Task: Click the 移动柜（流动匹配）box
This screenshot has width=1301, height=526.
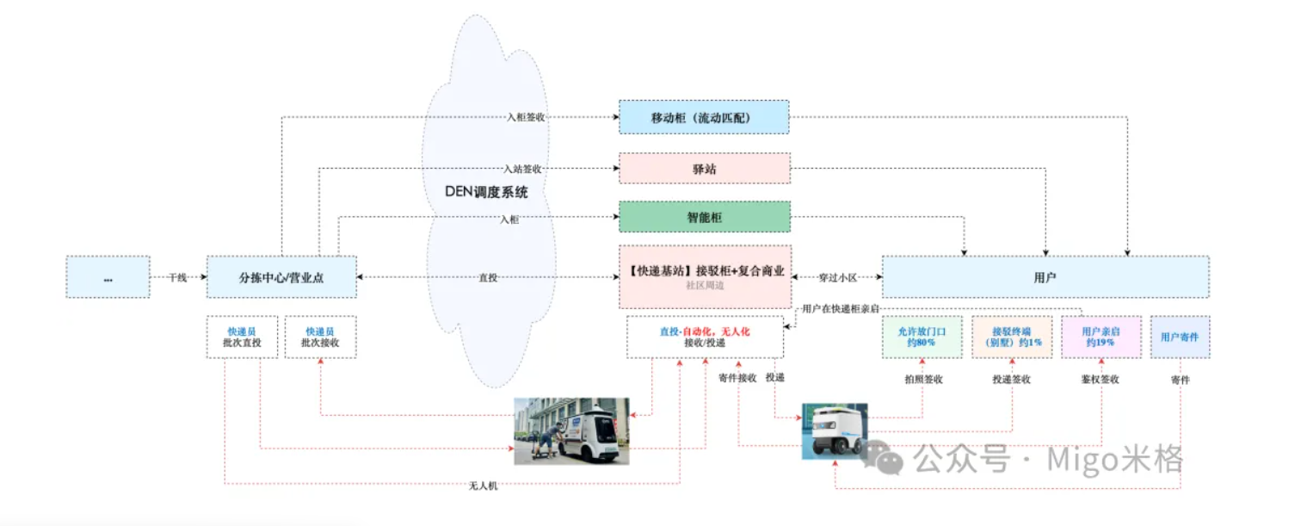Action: coord(704,117)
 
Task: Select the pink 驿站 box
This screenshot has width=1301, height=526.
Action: coord(704,169)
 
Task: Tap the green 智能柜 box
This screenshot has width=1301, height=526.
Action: coord(704,217)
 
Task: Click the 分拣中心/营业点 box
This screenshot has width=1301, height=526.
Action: coord(281,277)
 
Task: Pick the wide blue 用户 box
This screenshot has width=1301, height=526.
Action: coord(1045,277)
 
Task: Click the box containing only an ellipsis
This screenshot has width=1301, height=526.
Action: coord(108,277)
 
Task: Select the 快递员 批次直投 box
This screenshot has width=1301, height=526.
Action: coord(242,337)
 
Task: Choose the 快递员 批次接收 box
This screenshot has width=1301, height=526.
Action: coord(320,337)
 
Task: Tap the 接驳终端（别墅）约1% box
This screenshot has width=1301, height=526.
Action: coord(1011,337)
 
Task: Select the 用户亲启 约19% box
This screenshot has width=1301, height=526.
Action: coord(1101,337)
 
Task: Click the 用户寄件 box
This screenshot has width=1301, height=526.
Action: coord(1179,337)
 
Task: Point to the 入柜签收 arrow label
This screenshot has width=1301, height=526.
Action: coord(526,118)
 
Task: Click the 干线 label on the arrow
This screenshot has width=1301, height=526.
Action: coord(178,277)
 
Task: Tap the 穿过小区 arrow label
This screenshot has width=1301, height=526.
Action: coord(836,277)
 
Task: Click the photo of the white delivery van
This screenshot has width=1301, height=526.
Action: coord(571,430)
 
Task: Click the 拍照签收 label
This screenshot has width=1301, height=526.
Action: coord(922,379)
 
